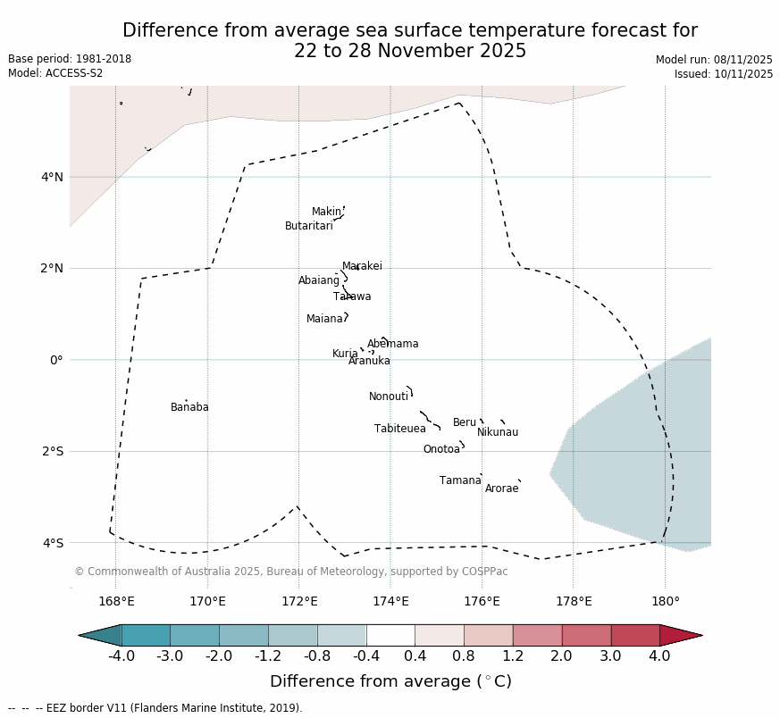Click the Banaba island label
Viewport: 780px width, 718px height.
click(x=189, y=407)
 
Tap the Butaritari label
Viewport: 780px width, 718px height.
click(x=309, y=226)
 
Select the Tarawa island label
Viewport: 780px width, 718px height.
click(x=352, y=296)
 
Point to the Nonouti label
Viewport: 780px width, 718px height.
click(x=389, y=397)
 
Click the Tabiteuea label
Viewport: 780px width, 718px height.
click(x=400, y=429)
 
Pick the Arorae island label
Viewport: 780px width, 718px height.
click(x=501, y=488)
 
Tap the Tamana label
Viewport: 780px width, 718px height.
click(x=460, y=480)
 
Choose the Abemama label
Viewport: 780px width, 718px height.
click(x=393, y=344)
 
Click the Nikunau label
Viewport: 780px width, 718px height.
click(x=498, y=432)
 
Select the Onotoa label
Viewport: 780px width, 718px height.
click(x=441, y=449)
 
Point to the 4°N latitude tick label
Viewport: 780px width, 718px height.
click(x=52, y=177)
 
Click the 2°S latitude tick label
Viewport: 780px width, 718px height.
click(x=52, y=451)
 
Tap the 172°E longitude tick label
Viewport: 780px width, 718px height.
click(x=299, y=601)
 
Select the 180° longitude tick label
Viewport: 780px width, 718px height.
click(x=665, y=601)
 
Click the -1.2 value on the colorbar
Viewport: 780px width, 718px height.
click(x=268, y=656)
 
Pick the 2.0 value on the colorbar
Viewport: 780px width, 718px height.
click(x=562, y=656)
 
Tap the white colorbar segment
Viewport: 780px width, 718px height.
click(x=390, y=635)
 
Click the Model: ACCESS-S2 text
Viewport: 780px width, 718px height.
click(x=55, y=73)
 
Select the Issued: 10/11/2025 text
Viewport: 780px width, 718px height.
click(x=724, y=74)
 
